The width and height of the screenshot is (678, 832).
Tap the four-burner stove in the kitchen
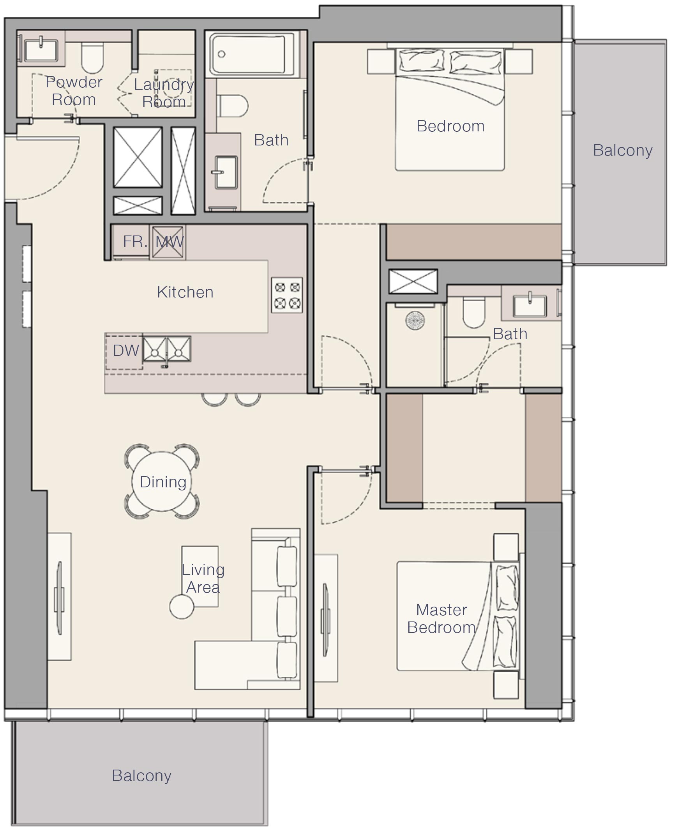[287, 295]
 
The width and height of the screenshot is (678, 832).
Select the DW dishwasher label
[126, 351]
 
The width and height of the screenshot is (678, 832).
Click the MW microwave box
[168, 242]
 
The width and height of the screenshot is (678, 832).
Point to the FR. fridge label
[135, 241]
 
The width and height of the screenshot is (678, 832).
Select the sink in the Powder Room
[41, 49]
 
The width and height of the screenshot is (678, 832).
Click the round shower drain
[415, 320]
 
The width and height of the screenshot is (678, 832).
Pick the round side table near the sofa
[182, 607]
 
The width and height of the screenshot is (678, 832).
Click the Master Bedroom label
[442, 618]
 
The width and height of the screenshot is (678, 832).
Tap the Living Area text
[203, 578]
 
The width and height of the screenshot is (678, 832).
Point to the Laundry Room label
[164, 93]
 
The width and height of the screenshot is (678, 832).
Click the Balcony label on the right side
[623, 150]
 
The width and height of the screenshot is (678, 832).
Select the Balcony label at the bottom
[141, 776]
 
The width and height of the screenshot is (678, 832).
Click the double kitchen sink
[166, 349]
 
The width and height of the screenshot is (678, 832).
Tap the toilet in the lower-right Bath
[473, 312]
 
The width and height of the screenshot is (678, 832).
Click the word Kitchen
[185, 292]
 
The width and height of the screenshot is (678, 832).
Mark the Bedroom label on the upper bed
[450, 126]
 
